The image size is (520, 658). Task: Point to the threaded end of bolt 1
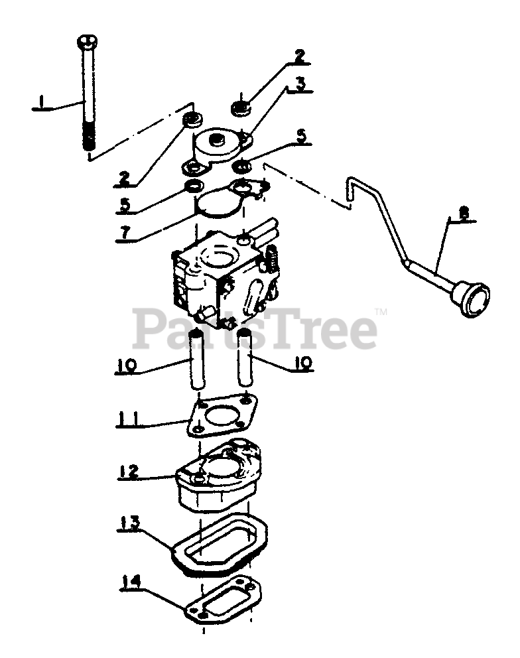click(x=88, y=140)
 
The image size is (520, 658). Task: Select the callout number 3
click(x=300, y=85)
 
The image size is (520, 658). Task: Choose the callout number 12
click(x=129, y=472)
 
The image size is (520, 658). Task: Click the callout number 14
click(x=131, y=583)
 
